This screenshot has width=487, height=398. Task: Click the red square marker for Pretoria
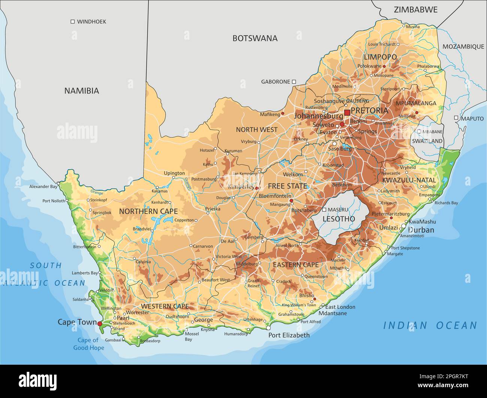(347, 112)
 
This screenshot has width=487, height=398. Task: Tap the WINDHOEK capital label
(91, 22)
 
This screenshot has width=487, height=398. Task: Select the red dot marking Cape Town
(100, 323)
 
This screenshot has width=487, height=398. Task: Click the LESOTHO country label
(339, 219)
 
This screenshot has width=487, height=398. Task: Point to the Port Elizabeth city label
(289, 335)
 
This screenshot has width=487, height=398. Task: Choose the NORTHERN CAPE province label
(148, 211)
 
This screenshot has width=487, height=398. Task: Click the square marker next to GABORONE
(294, 82)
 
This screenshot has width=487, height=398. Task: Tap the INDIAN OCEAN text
(430, 325)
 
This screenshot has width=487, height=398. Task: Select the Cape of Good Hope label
(88, 344)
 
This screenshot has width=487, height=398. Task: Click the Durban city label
(421, 230)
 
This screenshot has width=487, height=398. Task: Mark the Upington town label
(174, 173)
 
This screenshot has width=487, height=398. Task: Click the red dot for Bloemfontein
(291, 201)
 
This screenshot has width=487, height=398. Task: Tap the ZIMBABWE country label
(415, 10)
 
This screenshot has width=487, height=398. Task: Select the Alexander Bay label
(43, 186)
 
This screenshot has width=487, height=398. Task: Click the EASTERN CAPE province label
(296, 265)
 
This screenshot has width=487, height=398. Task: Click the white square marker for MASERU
(324, 210)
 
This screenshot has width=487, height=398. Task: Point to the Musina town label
(413, 27)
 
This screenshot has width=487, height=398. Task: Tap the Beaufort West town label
(215, 280)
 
